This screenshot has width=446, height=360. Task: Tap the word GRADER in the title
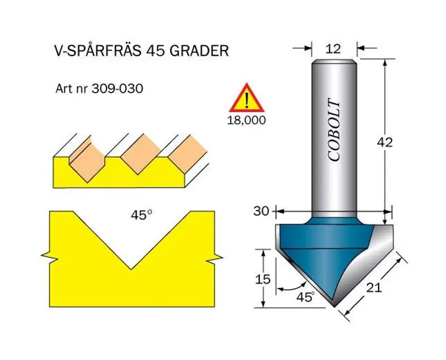coord(199,51)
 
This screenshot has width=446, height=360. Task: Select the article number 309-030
coord(117,89)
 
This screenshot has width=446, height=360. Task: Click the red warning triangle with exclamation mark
coord(247,98)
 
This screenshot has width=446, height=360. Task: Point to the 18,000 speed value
coord(246,120)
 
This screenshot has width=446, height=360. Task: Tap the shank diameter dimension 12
coord(333,49)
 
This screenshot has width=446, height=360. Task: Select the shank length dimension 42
coord(385,142)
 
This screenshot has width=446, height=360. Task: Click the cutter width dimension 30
coord(261,211)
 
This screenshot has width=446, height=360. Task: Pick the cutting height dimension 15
coord(262,279)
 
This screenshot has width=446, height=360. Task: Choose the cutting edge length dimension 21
coord(373,288)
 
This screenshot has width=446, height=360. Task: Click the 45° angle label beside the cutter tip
coord(306,297)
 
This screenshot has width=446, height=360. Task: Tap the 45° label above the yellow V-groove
coord(142,215)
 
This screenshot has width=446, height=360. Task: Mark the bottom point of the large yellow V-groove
coord(131,269)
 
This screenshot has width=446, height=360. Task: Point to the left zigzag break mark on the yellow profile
coord(50,256)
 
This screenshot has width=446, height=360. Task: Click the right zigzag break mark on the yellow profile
coord(215,258)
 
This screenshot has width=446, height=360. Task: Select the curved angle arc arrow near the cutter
coord(292,287)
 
